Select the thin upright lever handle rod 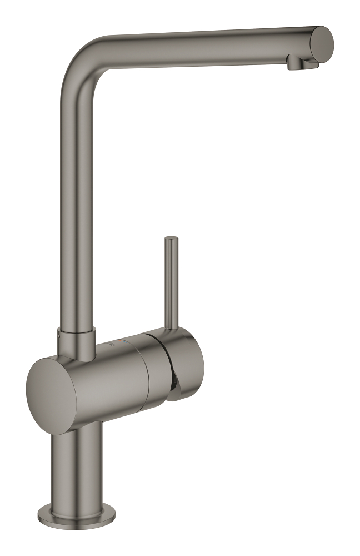pyautogui.click(x=171, y=284)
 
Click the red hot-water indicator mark pyautogui.click(x=116, y=343)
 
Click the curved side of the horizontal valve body pyautogui.click(x=111, y=384)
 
